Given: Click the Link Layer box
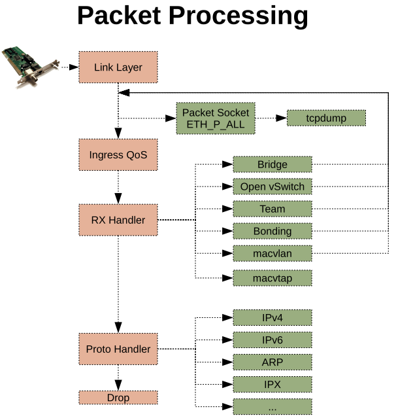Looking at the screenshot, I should (x=118, y=67).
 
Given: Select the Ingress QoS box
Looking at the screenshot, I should (x=118, y=156).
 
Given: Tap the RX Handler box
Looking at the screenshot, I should (x=118, y=220).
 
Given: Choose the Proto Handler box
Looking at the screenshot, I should (x=118, y=349).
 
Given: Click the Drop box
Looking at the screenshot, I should (x=118, y=398).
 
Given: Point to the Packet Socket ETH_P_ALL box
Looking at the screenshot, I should (x=216, y=118).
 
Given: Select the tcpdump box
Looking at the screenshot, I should (x=326, y=118).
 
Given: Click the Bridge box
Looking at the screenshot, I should (x=272, y=164).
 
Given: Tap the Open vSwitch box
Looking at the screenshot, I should (x=272, y=186).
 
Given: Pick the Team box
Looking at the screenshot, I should (x=272, y=209).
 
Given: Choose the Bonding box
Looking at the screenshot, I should (x=272, y=232).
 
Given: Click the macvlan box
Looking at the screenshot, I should (x=272, y=254).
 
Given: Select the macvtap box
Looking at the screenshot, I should (x=272, y=277).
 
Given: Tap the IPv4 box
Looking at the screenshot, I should (x=272, y=318).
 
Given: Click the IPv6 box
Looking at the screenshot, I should (x=272, y=340).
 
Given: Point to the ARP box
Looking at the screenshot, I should (x=272, y=362).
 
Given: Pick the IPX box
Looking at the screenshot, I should (x=272, y=384).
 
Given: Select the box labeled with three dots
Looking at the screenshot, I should (x=272, y=407).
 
